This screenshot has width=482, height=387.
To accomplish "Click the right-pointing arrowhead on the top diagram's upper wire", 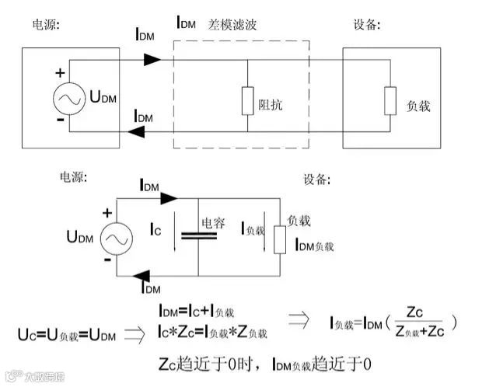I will (x=151, y=60).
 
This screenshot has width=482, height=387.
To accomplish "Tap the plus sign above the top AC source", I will (x=59, y=73).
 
